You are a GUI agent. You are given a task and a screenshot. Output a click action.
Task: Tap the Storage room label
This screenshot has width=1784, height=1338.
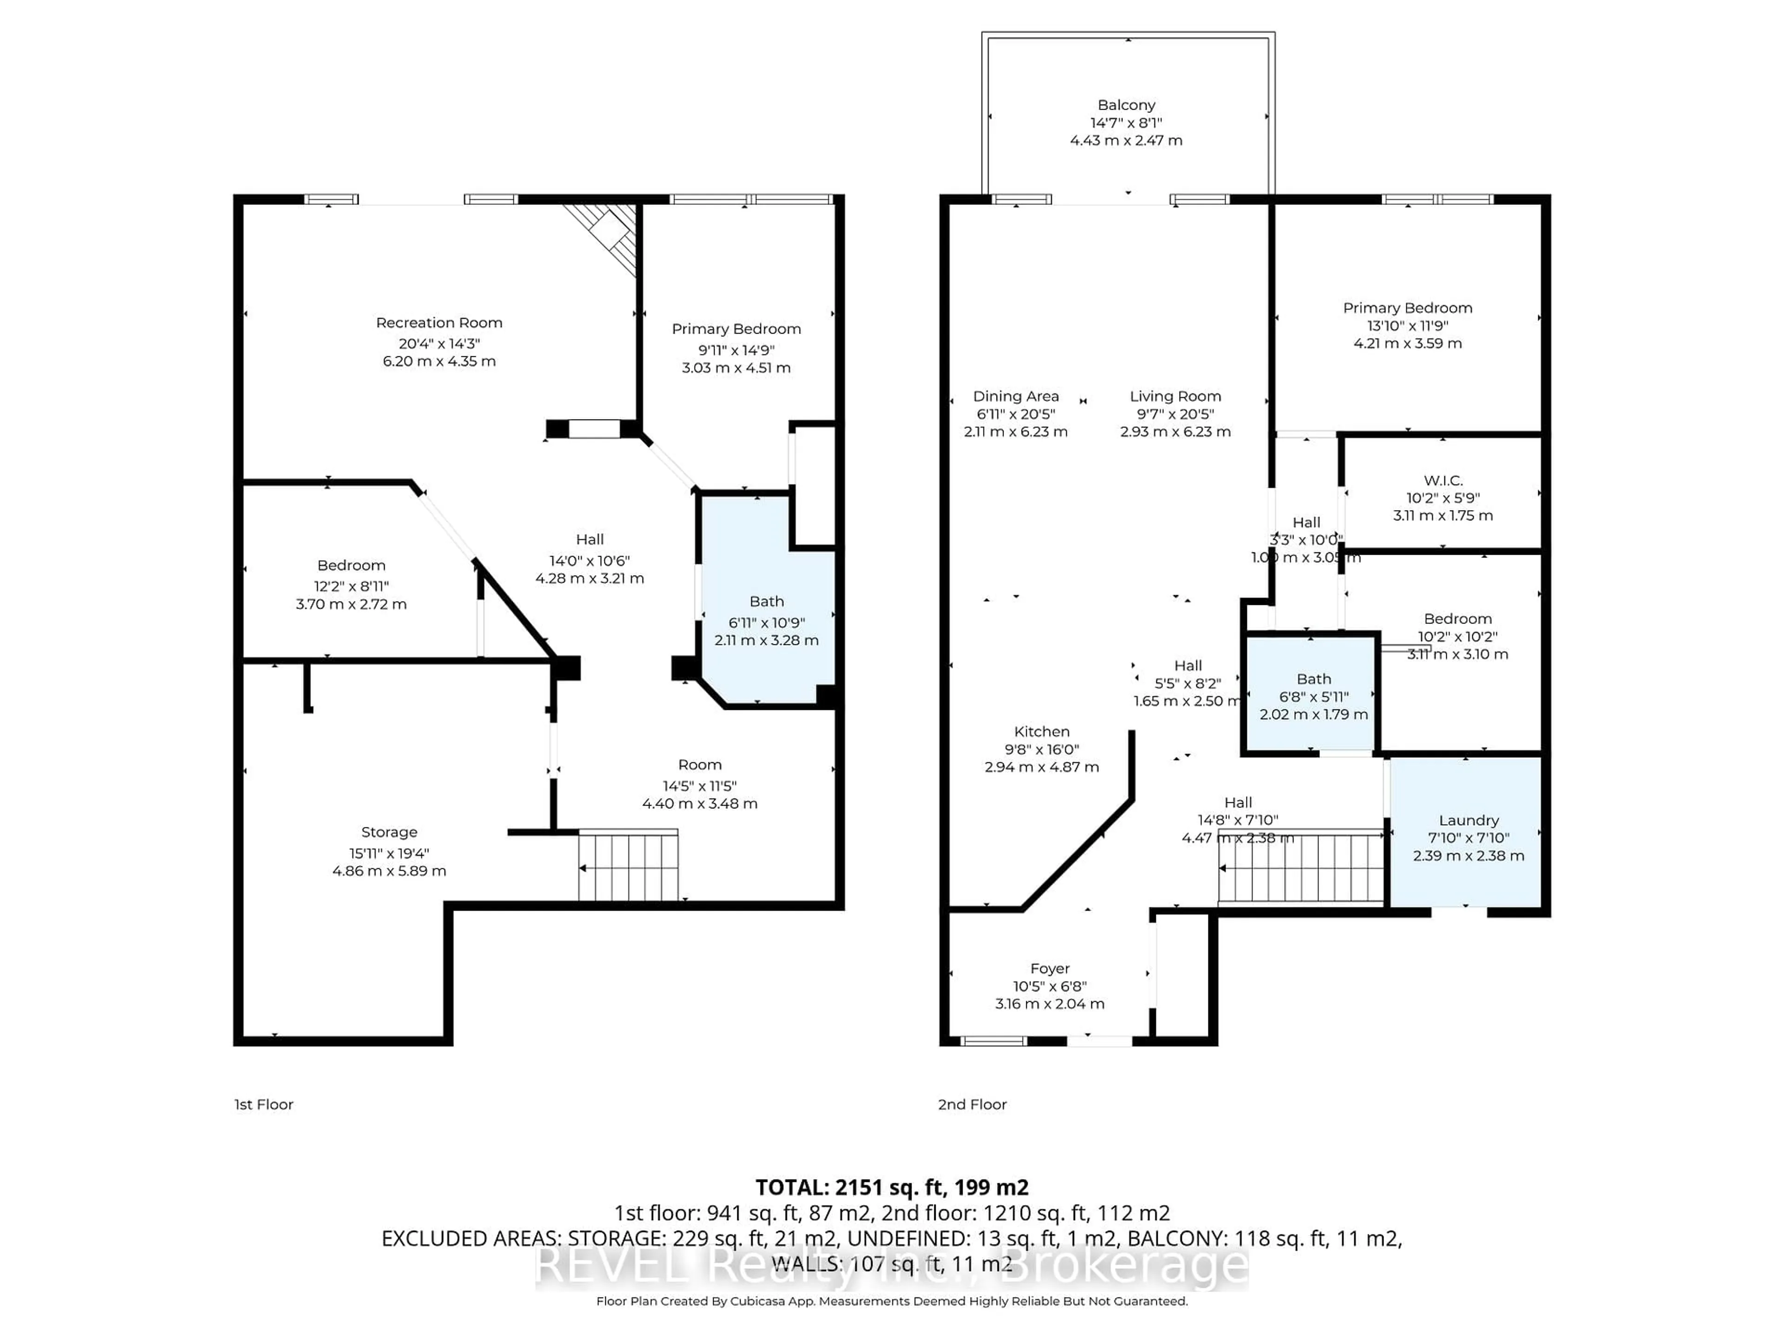click(x=389, y=832)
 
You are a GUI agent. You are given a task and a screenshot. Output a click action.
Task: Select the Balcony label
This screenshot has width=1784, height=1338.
click(x=1126, y=105)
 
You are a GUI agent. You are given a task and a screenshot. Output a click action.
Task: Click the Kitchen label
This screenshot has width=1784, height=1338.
click(x=1041, y=732)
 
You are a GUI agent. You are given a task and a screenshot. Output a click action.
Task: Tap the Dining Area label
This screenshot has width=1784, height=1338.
click(x=1016, y=396)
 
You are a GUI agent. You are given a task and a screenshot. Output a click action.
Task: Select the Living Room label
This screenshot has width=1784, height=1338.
click(x=1175, y=396)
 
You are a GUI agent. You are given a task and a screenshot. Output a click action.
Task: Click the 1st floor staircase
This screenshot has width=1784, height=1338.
click(x=628, y=866)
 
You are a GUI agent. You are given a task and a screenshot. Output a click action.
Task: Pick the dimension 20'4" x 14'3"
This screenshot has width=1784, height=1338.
click(x=439, y=343)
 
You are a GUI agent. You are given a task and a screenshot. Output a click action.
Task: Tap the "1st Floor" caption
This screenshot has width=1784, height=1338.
click(x=264, y=1104)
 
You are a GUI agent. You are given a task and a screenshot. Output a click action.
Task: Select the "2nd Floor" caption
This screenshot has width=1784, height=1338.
click(x=972, y=1104)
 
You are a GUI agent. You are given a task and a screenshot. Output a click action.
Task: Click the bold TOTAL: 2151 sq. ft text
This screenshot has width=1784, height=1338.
click(x=891, y=1187)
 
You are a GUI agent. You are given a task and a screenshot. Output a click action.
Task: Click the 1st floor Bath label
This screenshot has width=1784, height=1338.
click(x=766, y=602)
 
